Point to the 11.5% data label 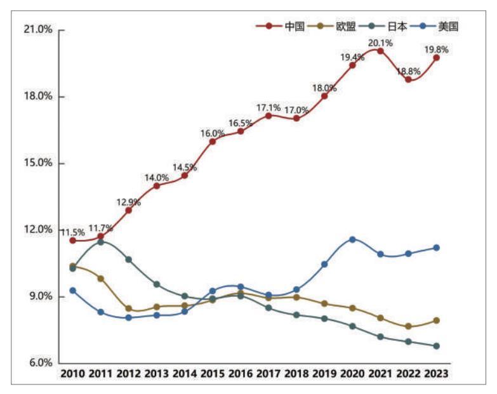click(x=73, y=232)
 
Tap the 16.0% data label click(x=213, y=133)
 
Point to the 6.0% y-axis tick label click(x=39, y=363)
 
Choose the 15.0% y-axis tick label click(x=37, y=163)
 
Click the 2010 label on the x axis click(x=73, y=374)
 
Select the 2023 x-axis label click(x=436, y=374)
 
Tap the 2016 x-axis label click(x=241, y=374)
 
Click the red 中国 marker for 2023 click(x=436, y=58)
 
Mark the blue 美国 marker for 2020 click(x=352, y=239)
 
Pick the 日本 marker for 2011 click(x=100, y=242)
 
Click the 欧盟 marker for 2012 click(x=128, y=308)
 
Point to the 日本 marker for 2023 click(x=436, y=346)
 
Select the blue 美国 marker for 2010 click(x=73, y=290)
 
